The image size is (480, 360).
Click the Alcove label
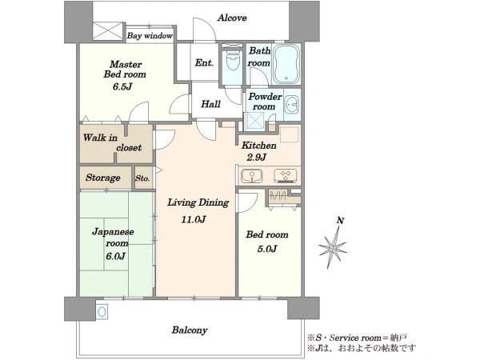point(232,18)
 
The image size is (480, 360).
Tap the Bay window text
point(150,36)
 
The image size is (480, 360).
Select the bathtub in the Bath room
point(286,64)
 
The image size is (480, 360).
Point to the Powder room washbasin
point(292,105)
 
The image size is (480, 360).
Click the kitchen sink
point(252,176)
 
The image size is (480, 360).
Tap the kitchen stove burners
point(286,176)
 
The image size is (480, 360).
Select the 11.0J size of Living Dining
point(194,219)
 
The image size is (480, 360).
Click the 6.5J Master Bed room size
point(122,86)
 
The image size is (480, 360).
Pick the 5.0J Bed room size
point(267,249)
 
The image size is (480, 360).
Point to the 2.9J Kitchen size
point(257,157)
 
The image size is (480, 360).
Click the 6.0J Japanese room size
point(116,256)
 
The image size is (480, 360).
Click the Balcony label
point(190,330)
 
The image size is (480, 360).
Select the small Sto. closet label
point(142,178)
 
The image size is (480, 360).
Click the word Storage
point(103,178)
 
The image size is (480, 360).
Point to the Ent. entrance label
point(204,62)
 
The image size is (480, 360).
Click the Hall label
point(210,104)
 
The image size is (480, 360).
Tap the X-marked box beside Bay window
point(107,31)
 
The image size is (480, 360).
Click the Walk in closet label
point(112,142)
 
